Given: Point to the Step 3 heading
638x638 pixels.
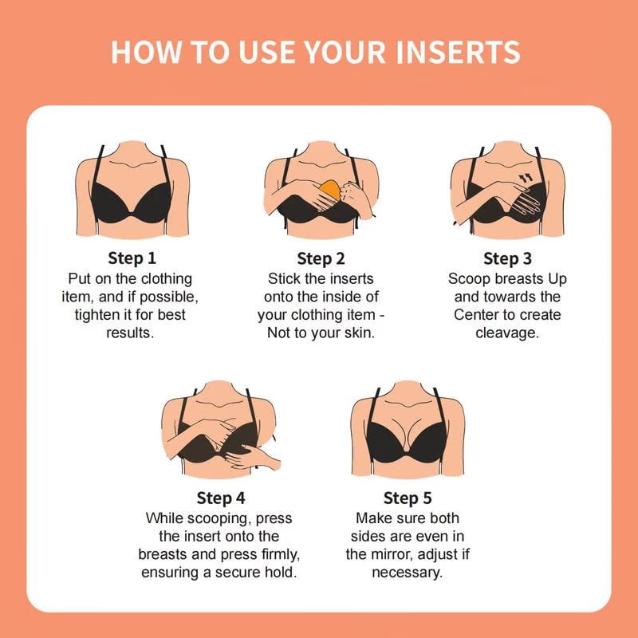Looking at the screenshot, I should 507,258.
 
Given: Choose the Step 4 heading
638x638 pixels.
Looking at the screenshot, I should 220,498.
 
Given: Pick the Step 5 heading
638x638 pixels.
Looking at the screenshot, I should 408,498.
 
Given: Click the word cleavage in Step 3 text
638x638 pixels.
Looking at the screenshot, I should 507,333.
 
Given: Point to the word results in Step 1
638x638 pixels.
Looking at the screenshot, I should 130,333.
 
